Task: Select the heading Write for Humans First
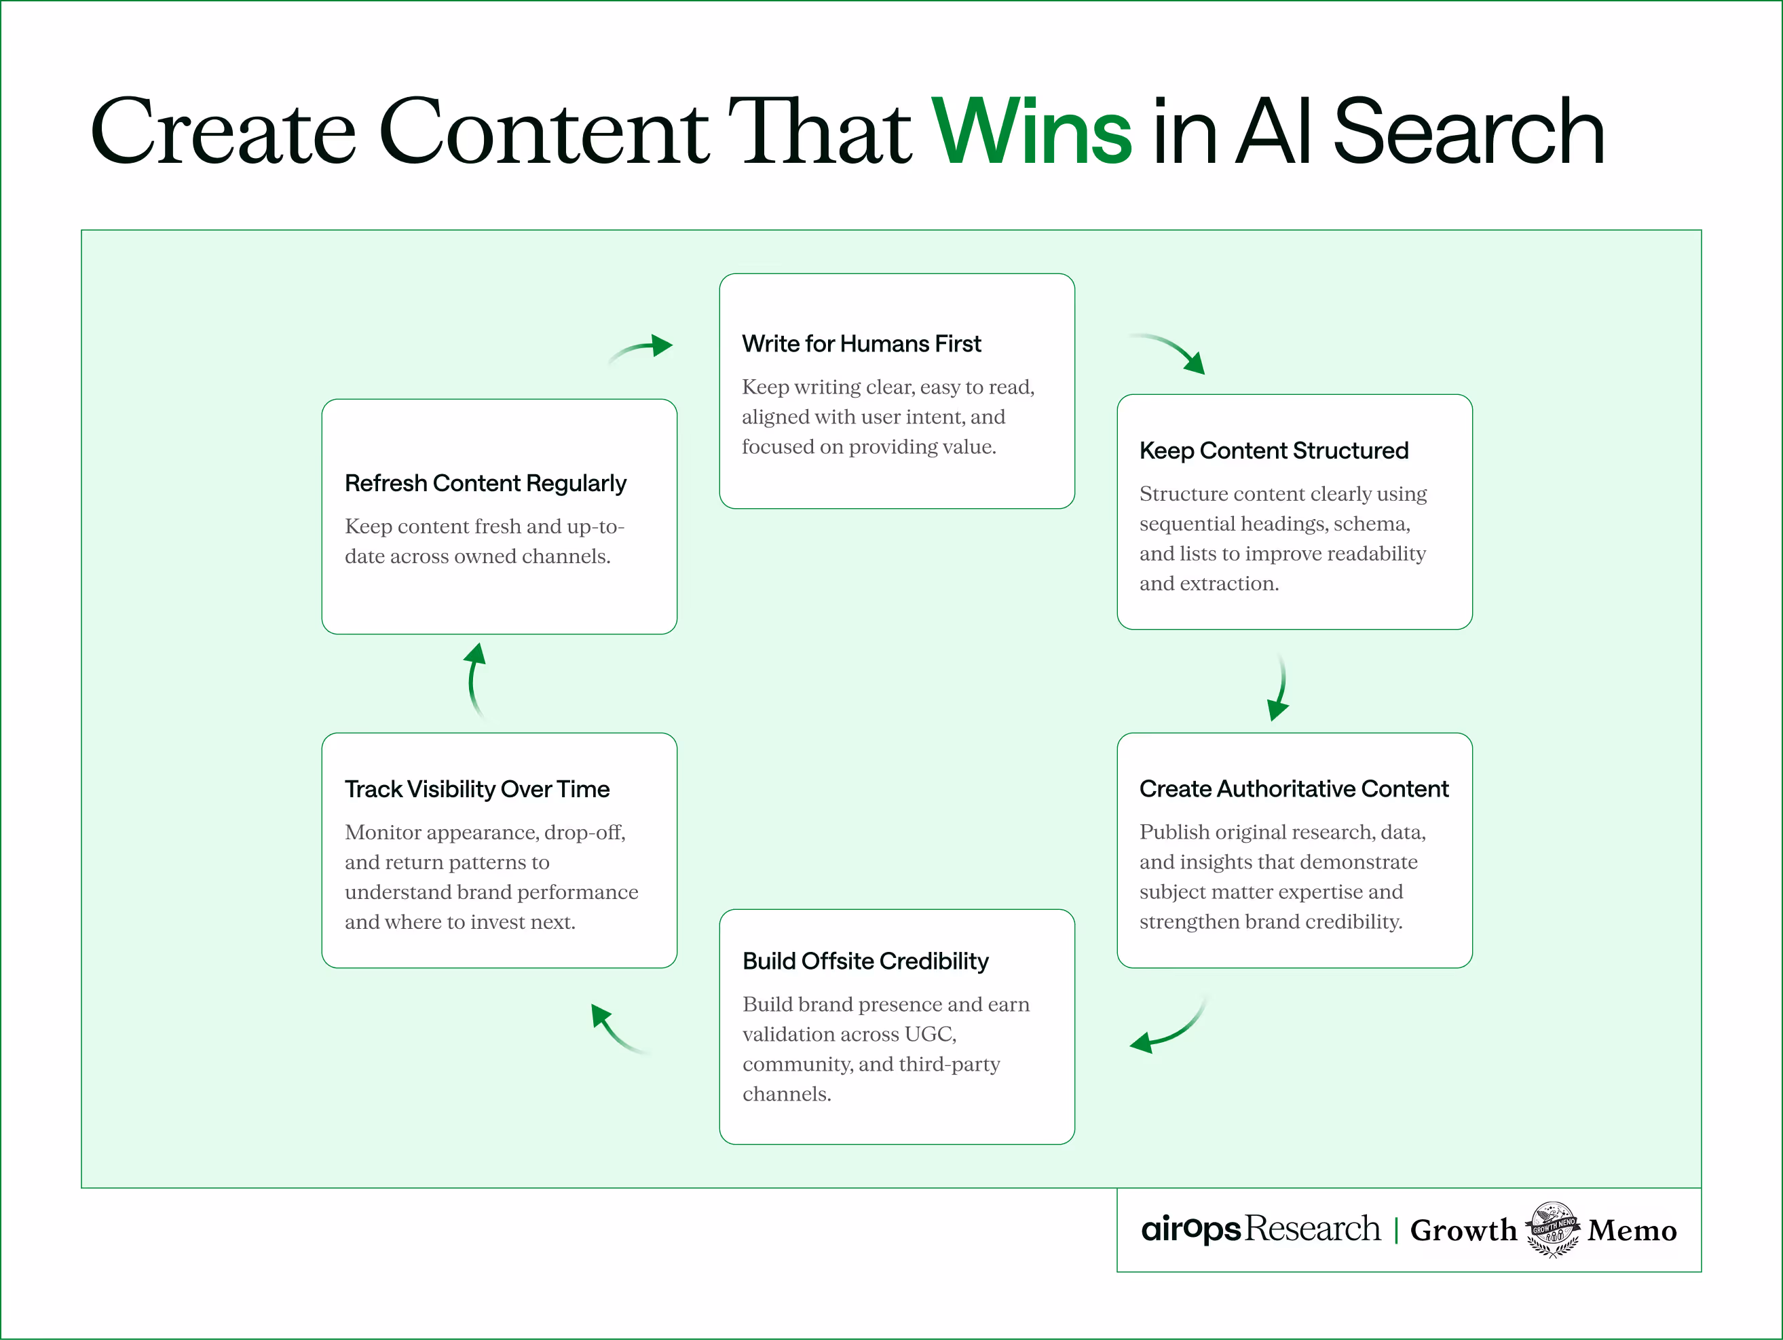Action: point(861,344)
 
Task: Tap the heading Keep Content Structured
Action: point(1273,451)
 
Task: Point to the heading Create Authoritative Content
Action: point(1293,789)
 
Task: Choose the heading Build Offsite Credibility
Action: point(865,961)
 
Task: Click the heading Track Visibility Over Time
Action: point(476,790)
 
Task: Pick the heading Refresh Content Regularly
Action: point(485,484)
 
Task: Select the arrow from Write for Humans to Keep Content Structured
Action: point(1169,352)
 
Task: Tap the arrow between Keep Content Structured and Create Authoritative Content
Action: point(1279,687)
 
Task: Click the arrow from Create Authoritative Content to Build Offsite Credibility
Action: point(1168,1027)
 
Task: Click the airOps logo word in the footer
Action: point(1190,1229)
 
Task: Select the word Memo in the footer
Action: point(1632,1230)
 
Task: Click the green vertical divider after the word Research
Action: point(1396,1230)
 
